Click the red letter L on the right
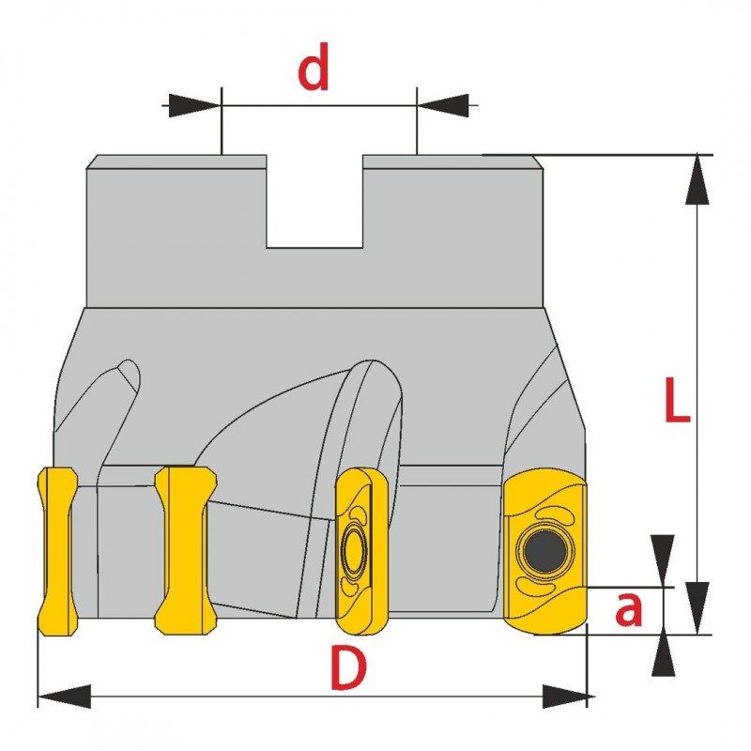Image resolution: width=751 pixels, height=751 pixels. [x=676, y=402]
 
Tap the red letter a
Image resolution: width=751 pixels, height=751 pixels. [x=629, y=610]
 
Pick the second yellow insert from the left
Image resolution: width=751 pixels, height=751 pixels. [x=186, y=549]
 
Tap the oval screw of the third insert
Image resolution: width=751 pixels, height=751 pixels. [x=355, y=549]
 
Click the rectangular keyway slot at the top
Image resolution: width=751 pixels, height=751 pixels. [x=314, y=201]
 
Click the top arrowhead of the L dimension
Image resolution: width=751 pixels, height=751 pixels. [x=697, y=178]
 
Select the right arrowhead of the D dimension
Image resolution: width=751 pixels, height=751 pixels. [x=568, y=697]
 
